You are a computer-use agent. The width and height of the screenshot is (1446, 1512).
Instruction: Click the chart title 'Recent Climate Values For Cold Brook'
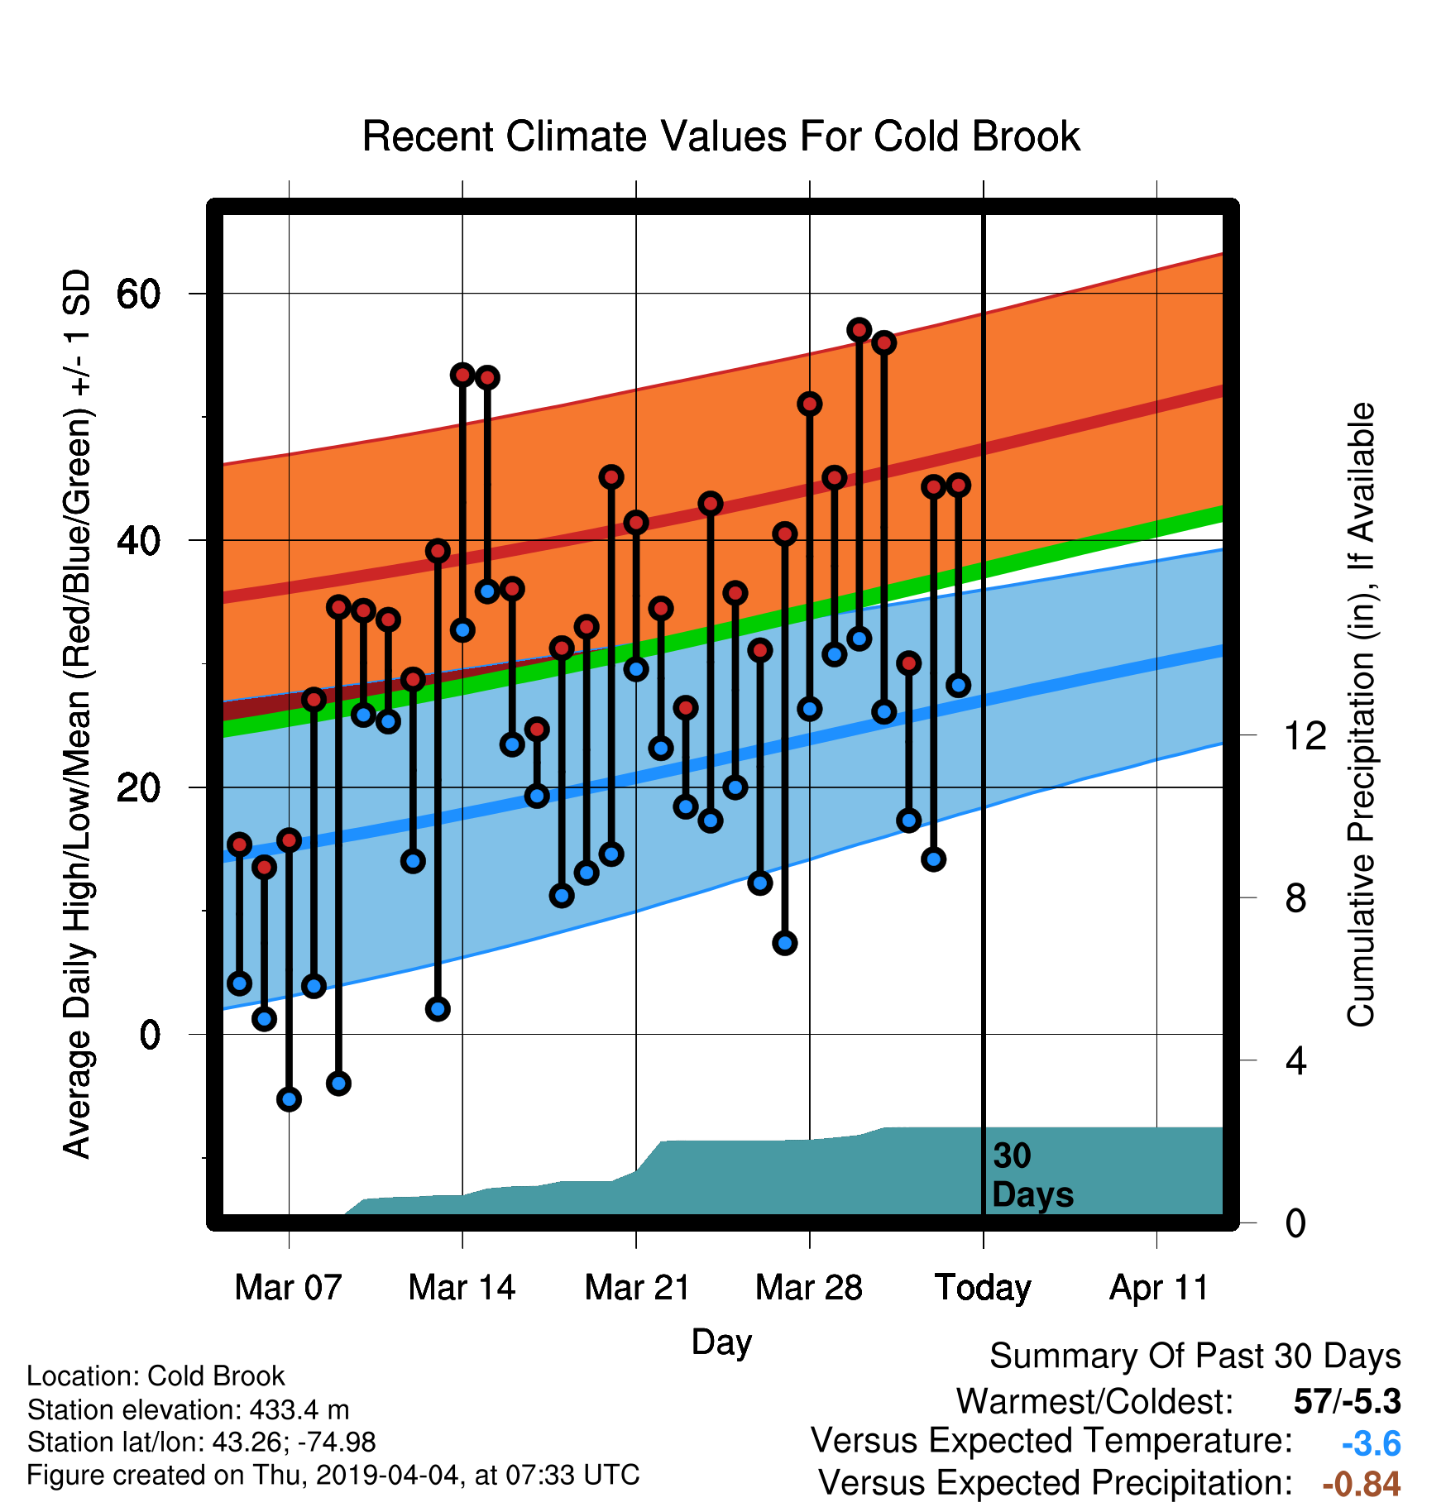721,136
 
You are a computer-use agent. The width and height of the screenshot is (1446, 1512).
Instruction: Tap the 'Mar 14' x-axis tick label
462,1288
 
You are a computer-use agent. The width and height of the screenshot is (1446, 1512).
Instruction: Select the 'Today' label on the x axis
983,1289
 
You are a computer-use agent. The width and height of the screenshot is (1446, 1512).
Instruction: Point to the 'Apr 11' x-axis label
1158,1289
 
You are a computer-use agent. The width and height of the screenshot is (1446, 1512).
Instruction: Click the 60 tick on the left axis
139,294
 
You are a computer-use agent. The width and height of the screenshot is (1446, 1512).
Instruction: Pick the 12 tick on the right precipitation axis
1305,735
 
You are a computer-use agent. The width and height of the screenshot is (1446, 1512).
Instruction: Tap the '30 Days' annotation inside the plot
1032,1175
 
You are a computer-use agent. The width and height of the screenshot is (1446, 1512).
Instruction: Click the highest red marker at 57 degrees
859,330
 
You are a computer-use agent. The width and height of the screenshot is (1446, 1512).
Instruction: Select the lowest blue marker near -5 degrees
289,1099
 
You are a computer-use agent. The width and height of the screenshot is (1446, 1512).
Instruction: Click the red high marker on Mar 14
462,376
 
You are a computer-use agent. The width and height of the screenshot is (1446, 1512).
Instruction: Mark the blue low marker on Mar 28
810,709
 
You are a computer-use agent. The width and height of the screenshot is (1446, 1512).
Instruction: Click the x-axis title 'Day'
721,1342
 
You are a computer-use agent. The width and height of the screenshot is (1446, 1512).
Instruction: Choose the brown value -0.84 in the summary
1362,1485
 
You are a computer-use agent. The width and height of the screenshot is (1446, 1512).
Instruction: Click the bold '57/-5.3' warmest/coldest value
1348,1402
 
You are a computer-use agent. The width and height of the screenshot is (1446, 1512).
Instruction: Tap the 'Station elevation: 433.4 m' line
189,1409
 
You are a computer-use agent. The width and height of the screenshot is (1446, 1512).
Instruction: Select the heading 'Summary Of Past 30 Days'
1195,1356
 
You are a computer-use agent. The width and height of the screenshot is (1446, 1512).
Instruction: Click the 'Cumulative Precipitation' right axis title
1361,715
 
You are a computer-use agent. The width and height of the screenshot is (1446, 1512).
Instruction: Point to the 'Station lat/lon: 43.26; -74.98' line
202,1443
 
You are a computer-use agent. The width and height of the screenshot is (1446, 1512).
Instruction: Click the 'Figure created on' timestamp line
333,1476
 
